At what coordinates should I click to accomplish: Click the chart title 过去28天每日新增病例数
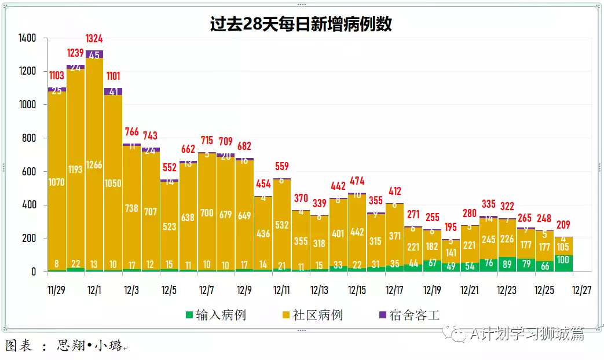(x=301, y=24)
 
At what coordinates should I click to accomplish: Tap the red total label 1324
(x=94, y=39)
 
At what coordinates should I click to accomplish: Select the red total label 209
(x=563, y=225)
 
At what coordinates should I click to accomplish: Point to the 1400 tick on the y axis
(x=27, y=38)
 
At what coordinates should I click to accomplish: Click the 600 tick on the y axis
(x=29, y=172)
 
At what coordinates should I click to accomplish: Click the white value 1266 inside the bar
(x=94, y=165)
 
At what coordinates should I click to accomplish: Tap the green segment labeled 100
(x=563, y=263)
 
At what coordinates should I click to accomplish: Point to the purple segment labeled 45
(x=94, y=54)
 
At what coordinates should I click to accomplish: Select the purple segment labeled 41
(x=113, y=91)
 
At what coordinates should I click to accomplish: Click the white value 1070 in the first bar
(x=57, y=182)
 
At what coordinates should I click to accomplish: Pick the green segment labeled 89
(x=507, y=265)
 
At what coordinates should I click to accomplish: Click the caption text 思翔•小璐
(x=90, y=346)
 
